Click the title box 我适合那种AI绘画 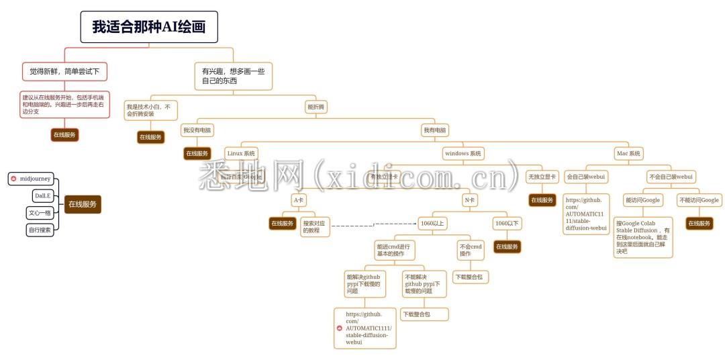(x=149, y=27)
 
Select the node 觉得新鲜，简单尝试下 (x=64, y=71)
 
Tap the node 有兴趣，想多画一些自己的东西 (x=233, y=76)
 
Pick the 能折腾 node (x=316, y=107)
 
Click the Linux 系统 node (x=241, y=153)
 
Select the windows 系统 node (x=463, y=153)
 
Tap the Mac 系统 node (x=629, y=153)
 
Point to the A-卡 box (x=299, y=199)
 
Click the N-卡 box (x=469, y=199)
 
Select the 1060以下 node (x=507, y=223)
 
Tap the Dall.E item (x=42, y=195)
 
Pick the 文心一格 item (x=40, y=213)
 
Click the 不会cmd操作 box (x=470, y=251)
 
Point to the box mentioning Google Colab (x=642, y=236)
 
